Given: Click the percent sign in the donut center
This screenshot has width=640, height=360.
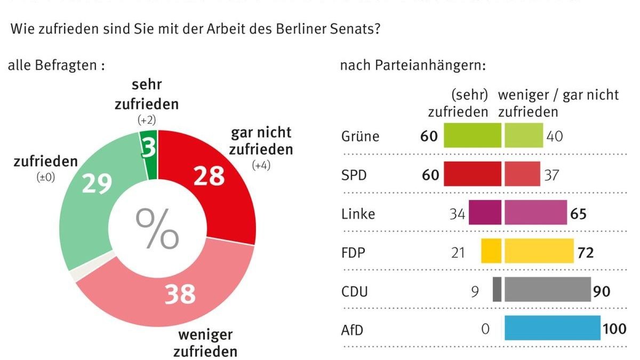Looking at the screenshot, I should (x=157, y=228).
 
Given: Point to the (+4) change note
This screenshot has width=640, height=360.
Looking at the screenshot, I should (x=261, y=165).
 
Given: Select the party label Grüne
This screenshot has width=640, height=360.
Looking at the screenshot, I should (x=360, y=136).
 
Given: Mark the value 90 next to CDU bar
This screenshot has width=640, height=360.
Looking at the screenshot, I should (x=602, y=291).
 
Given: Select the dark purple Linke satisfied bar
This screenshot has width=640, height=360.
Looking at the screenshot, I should (x=485, y=212).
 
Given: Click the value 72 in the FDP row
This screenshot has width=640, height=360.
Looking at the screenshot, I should (x=585, y=252).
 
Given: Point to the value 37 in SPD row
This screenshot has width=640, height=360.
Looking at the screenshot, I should (x=553, y=175).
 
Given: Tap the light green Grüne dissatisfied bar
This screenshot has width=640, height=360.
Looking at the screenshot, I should (x=524, y=135).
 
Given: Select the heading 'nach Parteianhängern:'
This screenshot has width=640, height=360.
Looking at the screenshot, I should (x=413, y=66).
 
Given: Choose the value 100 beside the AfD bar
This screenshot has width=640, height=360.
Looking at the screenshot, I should (x=614, y=329).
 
